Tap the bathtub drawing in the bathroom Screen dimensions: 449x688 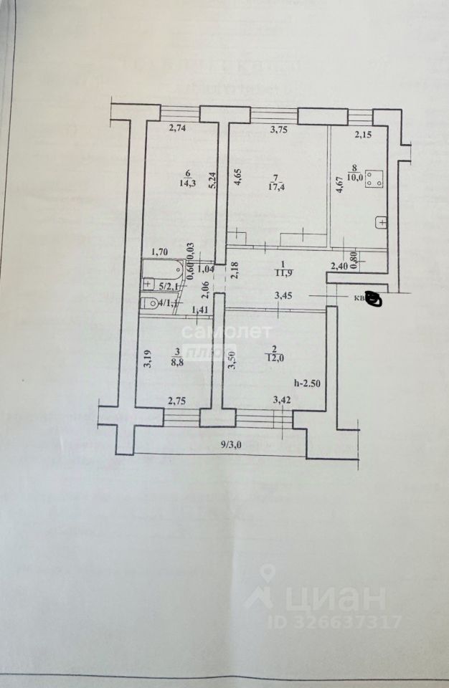point(162,270)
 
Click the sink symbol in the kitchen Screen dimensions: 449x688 point(382,223)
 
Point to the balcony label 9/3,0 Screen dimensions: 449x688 point(232,444)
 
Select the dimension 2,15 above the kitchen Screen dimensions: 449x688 point(366,134)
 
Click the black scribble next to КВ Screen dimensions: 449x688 point(374,299)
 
